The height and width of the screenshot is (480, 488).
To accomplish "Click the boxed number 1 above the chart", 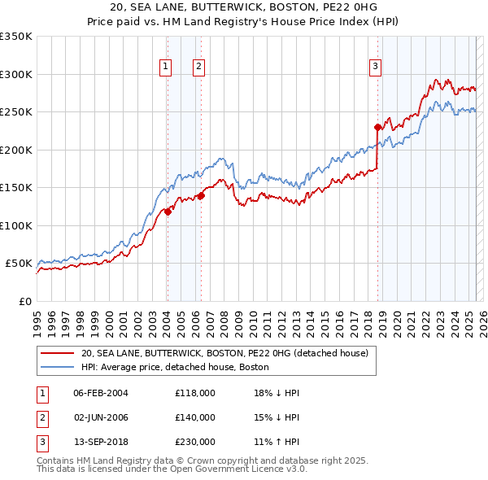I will coord(165,68).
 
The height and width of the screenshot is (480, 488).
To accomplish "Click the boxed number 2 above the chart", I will coord(198,68).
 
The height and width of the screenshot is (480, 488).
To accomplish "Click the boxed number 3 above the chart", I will coord(375,68).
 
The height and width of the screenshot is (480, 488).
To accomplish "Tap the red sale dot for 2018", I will coord(377,127).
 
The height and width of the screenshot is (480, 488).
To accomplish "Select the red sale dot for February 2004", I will coord(168,212).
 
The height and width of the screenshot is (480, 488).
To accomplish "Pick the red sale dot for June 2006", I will coord(201,195).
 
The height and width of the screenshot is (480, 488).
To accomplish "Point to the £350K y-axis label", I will coord(16,37).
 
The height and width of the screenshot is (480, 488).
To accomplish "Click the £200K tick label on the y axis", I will coord(16,150).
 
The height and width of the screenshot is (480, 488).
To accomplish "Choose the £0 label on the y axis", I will coord(24,301).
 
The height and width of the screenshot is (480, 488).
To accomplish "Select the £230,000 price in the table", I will coord(195,442).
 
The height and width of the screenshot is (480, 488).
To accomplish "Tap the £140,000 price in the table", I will coord(195,417).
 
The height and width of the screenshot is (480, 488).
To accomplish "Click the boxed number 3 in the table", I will coord(40,442).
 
